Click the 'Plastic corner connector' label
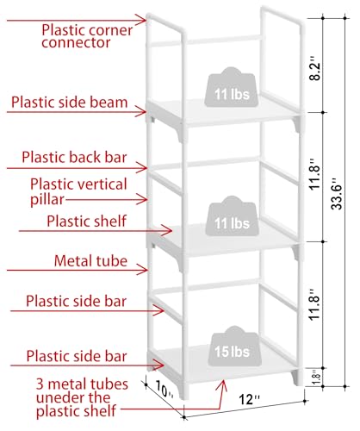(x=87, y=36)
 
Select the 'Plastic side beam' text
(x=69, y=103)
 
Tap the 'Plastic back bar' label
(x=74, y=158)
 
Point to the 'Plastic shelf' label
(x=86, y=222)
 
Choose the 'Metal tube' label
(x=90, y=261)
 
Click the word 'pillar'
(x=47, y=199)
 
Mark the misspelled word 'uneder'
(x=73, y=397)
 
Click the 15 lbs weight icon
(x=233, y=347)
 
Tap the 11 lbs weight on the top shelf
(x=232, y=87)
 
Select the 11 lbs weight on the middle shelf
(x=233, y=216)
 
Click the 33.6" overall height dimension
(x=337, y=194)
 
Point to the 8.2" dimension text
(x=316, y=71)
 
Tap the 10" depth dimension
(x=164, y=390)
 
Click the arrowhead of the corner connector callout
(x=143, y=20)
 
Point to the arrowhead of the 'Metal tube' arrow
(x=144, y=270)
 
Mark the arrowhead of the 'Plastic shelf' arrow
(x=168, y=230)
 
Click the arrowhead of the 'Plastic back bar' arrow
(x=143, y=168)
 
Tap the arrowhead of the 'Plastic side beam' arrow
(x=142, y=111)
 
